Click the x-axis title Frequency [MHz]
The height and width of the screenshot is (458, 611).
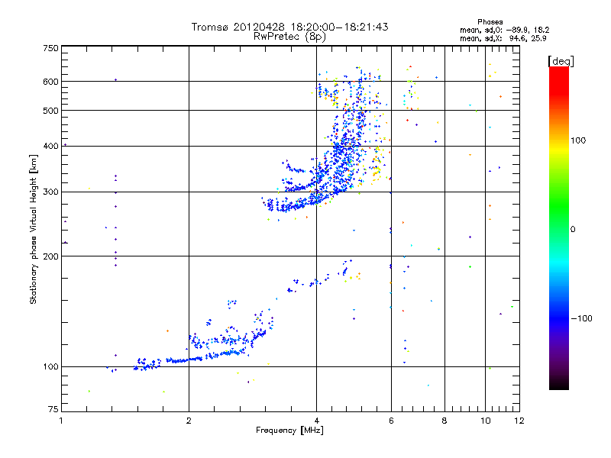tap(290, 432)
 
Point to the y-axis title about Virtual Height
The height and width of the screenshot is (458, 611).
tap(34, 229)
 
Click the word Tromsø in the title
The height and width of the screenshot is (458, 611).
tap(211, 27)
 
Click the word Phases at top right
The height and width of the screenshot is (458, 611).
tap(490, 21)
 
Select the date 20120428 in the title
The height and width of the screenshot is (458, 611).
tap(260, 27)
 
